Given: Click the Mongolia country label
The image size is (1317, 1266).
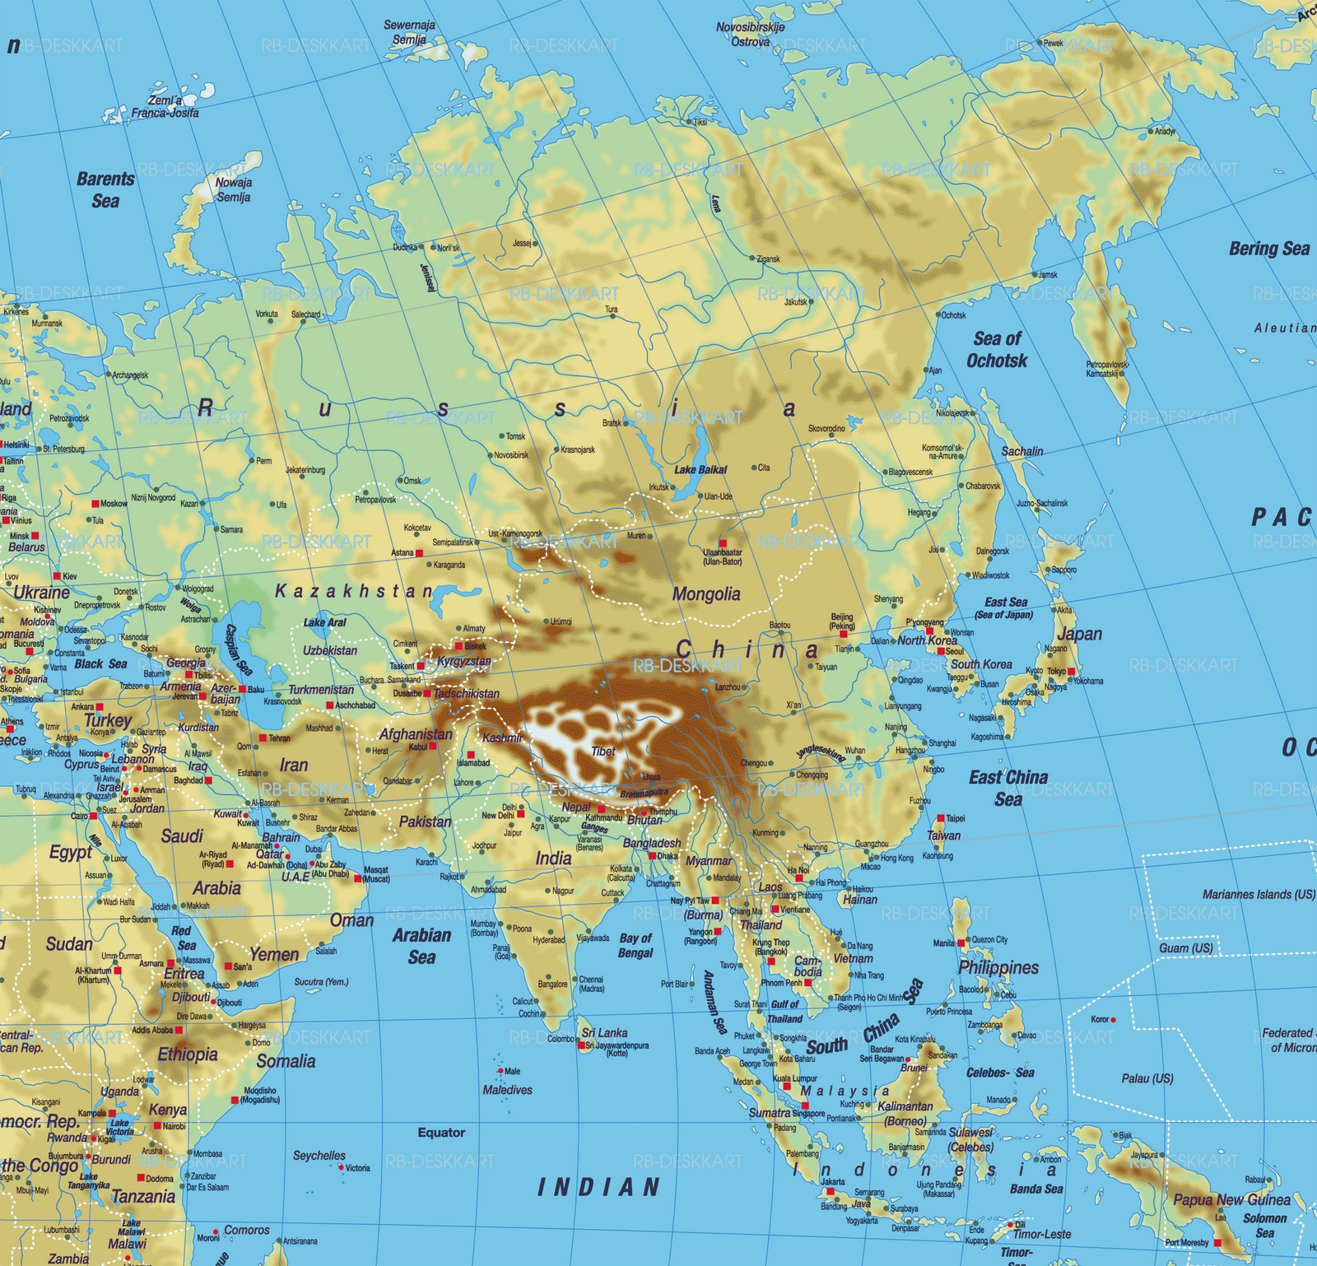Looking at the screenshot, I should pos(705,594).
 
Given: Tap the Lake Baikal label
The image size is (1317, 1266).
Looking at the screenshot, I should pos(700,470).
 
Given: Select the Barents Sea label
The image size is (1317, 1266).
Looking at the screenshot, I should pos(105,190).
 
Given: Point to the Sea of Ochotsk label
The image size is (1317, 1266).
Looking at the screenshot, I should pos(997,350).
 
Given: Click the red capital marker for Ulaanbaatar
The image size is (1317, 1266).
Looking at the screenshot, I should pos(723,543).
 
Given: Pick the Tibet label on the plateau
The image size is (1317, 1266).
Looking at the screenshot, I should pos(603,752).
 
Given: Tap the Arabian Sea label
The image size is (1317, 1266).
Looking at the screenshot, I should pos(421,946).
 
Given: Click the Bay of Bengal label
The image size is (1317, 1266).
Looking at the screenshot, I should pos(635,945).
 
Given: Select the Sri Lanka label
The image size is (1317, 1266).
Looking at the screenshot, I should pos(604,1032).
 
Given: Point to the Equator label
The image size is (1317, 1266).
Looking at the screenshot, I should pos(441,1133).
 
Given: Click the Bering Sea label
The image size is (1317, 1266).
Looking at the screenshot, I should pos(1268,249).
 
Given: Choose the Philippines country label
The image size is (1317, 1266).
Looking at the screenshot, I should pos(998,967).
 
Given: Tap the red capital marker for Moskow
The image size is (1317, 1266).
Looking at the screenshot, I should pos(95,504).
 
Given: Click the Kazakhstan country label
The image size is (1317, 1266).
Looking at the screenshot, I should pos(354,591).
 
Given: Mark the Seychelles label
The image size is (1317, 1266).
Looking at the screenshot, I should pos(319,1156).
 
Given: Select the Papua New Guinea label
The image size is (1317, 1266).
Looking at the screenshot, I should pos(1231,1199).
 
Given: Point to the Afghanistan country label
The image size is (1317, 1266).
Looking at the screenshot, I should pos(415,734).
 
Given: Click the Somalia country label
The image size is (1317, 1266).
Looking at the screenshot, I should pos(286,1061).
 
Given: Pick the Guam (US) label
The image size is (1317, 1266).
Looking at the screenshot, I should pos(1185,948).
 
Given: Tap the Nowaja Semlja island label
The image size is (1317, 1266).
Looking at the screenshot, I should pos(234,190).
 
